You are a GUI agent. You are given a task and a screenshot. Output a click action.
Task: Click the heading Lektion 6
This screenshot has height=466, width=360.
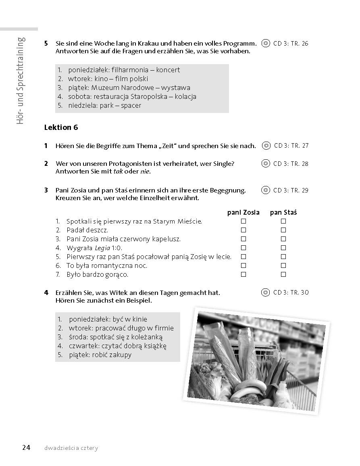61,127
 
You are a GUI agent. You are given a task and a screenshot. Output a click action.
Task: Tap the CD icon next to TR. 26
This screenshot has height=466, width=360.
265,43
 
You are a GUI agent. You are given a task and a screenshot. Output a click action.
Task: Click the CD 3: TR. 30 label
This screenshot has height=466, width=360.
291,293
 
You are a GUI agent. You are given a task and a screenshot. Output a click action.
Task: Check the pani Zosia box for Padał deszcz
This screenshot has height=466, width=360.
243,230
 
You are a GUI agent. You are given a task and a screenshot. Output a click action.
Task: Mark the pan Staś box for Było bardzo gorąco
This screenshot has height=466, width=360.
283,274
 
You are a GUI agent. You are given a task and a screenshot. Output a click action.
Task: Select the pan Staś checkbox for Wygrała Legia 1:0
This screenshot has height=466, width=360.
283,248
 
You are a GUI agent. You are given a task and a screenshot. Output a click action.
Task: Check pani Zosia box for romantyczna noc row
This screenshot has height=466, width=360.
243,265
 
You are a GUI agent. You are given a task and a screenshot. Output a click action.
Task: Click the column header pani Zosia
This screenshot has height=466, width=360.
243,212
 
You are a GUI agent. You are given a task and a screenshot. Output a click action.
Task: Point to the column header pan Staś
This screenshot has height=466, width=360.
283,212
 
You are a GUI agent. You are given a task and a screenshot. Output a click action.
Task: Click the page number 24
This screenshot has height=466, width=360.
26,447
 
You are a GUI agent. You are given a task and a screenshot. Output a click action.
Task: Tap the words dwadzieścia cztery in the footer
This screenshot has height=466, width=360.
72,448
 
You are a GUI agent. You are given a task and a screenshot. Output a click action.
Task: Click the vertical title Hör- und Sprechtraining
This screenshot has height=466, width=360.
21,81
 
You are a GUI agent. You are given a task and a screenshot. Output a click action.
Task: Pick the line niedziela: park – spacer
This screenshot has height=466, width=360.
104,105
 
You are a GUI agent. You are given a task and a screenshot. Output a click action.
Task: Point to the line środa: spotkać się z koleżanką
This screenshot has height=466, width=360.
116,337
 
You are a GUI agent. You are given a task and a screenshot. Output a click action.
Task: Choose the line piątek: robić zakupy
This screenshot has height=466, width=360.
100,355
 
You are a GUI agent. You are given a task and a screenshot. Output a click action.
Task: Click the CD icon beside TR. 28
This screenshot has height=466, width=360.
265,163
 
